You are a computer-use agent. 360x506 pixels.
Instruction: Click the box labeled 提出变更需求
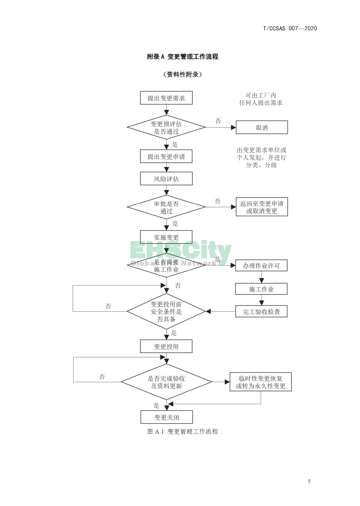click(x=166, y=98)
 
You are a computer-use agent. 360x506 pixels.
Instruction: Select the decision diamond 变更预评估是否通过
click(x=166, y=128)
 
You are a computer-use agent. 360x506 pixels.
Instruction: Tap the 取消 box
click(x=262, y=127)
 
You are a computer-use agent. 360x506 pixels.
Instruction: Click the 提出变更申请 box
click(x=166, y=157)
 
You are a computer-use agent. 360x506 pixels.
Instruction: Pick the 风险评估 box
click(x=166, y=179)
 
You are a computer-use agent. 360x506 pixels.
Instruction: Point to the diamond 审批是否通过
click(x=166, y=207)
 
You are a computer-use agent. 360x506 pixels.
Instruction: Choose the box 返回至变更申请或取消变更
click(x=262, y=207)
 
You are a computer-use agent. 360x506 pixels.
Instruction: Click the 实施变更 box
click(x=166, y=237)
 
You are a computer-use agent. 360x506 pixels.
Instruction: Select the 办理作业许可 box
click(x=261, y=266)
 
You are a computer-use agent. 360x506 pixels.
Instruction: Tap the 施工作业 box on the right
click(x=261, y=289)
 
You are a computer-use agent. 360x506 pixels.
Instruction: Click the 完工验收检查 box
click(x=261, y=312)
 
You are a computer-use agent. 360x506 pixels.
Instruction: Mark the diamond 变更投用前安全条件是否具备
click(x=166, y=312)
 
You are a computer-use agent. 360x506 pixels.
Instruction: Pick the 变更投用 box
click(x=166, y=347)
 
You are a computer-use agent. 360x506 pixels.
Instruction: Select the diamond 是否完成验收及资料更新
click(x=166, y=382)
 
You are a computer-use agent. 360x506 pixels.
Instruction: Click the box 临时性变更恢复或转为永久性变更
click(x=261, y=382)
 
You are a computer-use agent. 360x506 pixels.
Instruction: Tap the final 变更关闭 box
click(x=167, y=417)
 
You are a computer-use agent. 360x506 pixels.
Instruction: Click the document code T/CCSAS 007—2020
click(x=290, y=28)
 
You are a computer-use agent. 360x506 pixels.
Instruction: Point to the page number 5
click(x=309, y=482)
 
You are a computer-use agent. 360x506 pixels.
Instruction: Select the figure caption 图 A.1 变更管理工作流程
click(x=183, y=432)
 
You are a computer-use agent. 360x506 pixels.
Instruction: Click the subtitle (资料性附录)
click(x=183, y=74)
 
